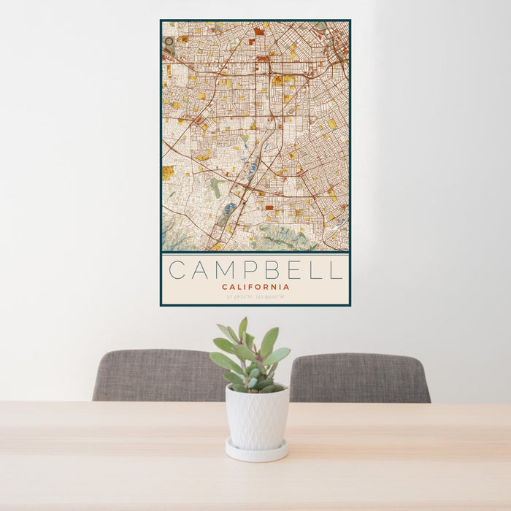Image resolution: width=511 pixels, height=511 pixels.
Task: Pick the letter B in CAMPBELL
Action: [x=272, y=270]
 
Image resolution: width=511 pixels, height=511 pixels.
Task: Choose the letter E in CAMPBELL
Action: [x=293, y=270]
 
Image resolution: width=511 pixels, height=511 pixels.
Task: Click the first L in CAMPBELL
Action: [x=315, y=270]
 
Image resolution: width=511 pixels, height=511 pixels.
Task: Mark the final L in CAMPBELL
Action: [x=335, y=270]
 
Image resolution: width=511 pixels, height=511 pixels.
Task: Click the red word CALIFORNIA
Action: [x=255, y=287]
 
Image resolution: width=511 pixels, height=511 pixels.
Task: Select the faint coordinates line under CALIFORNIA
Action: [x=255, y=297]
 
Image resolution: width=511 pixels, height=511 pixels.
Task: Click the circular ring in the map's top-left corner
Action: [x=169, y=42]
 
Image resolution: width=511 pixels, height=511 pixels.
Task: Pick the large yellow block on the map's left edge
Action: [x=168, y=172]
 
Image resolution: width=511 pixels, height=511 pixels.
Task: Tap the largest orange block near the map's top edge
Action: [x=259, y=31]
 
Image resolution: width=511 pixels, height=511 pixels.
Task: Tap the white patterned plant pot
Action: [x=256, y=417]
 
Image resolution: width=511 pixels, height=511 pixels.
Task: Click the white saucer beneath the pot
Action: [x=256, y=450]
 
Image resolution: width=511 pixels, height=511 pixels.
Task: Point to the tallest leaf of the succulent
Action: [x=242, y=328]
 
